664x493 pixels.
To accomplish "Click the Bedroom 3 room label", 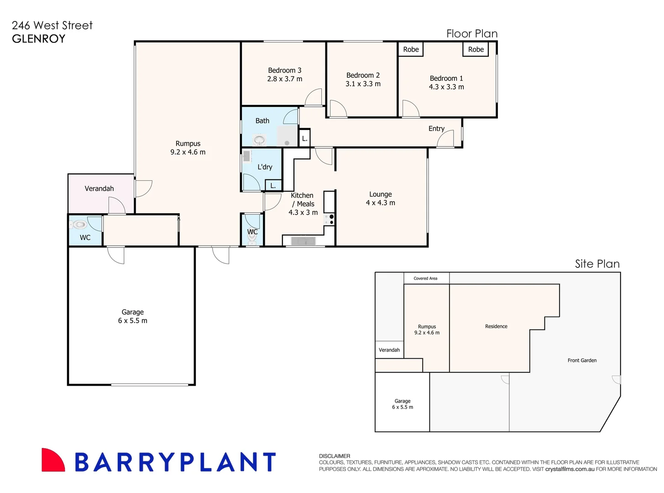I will (284, 70).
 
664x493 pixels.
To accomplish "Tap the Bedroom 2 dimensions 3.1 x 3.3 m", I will (363, 84).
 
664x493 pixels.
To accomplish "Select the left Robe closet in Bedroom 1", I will (411, 49).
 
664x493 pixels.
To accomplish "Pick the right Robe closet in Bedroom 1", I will (476, 49).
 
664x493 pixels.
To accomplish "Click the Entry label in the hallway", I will (436, 129).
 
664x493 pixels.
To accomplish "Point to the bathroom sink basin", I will (259, 140).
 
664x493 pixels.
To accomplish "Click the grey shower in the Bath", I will (287, 136).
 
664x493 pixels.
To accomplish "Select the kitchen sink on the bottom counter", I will (303, 241).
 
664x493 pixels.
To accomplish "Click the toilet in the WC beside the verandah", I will (79, 225).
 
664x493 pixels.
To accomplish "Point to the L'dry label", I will (265, 167).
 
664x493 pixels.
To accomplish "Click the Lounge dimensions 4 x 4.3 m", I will (380, 203).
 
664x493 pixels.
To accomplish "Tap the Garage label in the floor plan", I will (132, 312).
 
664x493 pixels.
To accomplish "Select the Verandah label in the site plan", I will (389, 350).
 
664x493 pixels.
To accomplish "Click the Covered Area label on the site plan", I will (425, 278).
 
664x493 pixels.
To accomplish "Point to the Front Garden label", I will (582, 361).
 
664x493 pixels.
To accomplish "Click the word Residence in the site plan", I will (496, 326).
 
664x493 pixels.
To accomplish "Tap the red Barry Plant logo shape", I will (52, 461).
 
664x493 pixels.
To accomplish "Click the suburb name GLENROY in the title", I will (39, 39).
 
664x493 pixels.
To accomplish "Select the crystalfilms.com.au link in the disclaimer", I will (570, 469).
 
